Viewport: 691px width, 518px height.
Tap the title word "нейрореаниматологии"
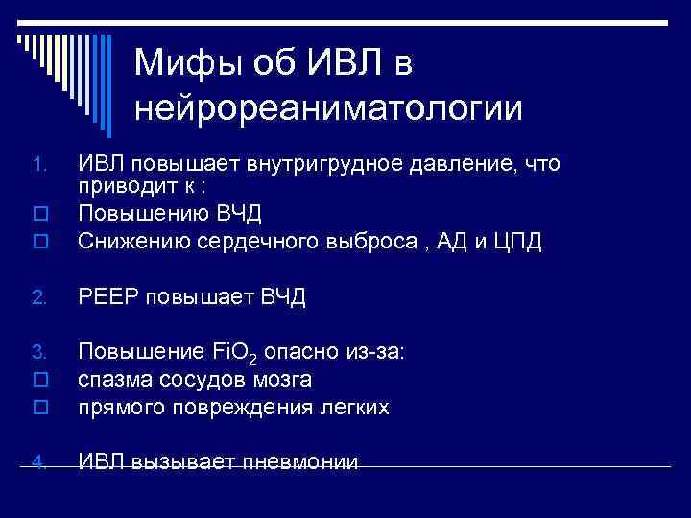(x=328, y=107)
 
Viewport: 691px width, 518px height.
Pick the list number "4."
(x=34, y=462)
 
